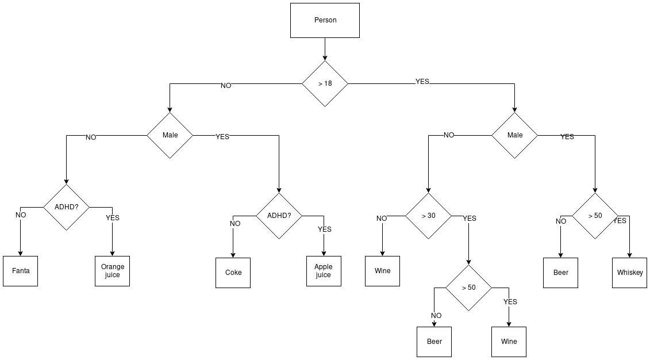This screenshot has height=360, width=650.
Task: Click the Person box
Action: pos(325,21)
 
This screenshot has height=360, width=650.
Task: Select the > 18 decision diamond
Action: pos(325,83)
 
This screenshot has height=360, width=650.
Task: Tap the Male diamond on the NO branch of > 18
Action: pos(170,135)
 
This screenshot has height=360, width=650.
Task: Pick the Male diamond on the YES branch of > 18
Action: pos(514,135)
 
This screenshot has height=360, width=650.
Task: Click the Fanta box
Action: pos(21,271)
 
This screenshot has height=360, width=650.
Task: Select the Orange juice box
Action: pos(112,271)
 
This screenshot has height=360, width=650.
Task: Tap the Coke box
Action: pos(233,273)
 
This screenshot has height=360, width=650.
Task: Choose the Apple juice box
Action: pos(324,271)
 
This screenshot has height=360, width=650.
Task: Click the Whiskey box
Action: pos(629,273)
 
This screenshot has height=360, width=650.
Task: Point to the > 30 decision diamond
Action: pos(428,216)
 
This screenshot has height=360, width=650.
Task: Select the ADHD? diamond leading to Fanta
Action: pos(67,207)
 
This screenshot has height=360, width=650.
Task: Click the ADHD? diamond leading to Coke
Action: pos(279,216)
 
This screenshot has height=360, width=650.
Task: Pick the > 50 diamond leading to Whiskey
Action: pos(595,216)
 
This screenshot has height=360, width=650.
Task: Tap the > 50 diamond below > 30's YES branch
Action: pos(468,288)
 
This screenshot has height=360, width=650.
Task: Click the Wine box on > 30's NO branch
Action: pos(382,271)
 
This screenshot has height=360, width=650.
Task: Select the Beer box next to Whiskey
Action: pos(560,273)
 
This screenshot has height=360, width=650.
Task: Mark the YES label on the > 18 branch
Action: pos(422,82)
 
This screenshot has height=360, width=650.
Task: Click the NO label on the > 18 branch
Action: pos(226,86)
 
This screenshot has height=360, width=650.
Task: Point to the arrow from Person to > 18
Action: pos(325,49)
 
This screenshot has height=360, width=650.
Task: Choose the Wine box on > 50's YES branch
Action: pos(509,342)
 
